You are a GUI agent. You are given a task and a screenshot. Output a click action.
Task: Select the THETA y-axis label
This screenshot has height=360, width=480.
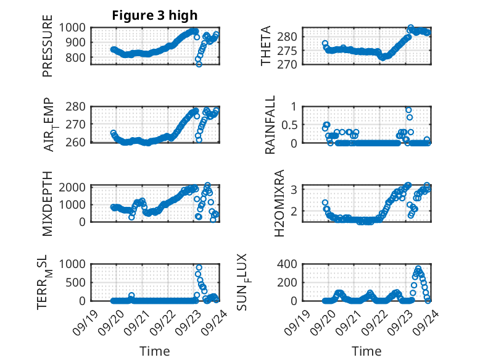tap(266, 46)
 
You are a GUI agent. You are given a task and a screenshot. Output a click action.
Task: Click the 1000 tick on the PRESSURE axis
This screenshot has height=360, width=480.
tap(75, 27)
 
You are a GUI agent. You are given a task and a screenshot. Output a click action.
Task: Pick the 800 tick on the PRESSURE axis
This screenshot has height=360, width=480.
tap(78, 57)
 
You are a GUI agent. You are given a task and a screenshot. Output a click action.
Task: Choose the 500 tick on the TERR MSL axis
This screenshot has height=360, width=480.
tap(78, 282)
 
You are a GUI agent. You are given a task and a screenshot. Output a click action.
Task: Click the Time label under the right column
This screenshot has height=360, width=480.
tap(367, 351)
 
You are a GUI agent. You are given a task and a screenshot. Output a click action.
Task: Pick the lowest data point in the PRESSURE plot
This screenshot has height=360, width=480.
tap(199, 64)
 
